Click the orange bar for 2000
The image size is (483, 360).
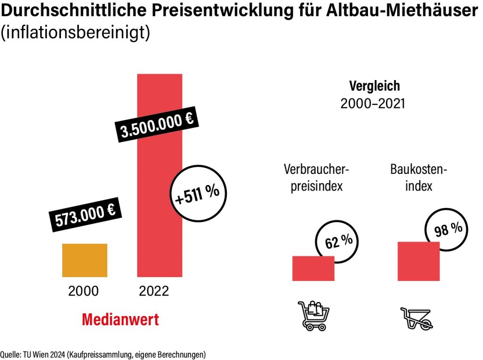(x=85, y=260)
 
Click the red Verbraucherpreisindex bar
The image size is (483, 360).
(x=313, y=269)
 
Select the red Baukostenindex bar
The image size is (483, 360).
(x=418, y=261)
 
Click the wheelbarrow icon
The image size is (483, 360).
(x=416, y=318)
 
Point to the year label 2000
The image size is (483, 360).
(x=83, y=291)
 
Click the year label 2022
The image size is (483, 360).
(x=154, y=291)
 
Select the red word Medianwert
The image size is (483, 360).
(x=120, y=319)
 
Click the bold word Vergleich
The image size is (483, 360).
(x=374, y=86)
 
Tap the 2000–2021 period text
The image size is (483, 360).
(x=373, y=104)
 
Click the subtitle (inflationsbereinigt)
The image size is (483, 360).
(x=75, y=33)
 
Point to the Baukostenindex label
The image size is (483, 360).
(x=418, y=177)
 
